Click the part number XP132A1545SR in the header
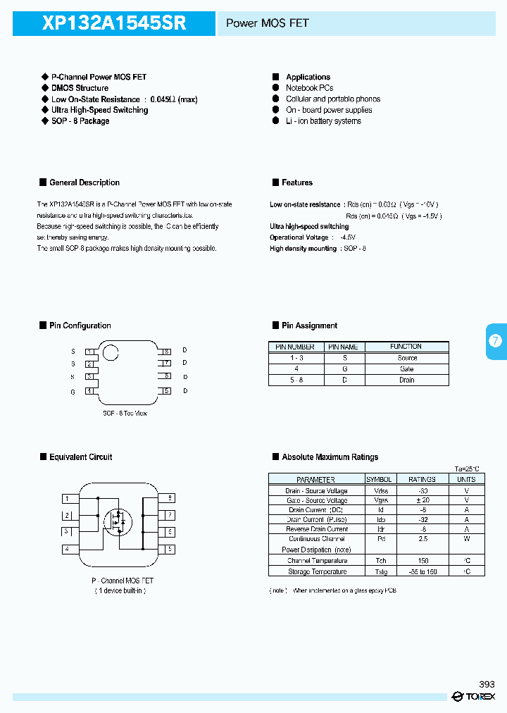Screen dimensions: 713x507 114,23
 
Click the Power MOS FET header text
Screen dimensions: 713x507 267,23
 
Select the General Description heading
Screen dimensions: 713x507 84,182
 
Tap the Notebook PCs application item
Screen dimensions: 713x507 309,88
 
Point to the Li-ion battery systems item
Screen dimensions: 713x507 323,121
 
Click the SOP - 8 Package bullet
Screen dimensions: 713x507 80,121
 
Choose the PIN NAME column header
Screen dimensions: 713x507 343,347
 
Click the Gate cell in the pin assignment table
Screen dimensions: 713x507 406,368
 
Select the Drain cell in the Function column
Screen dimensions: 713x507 406,380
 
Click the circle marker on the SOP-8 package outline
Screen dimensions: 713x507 111,352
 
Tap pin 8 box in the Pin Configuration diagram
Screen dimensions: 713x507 166,351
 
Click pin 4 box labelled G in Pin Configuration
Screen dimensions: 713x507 89,390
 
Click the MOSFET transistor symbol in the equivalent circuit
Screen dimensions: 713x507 118,521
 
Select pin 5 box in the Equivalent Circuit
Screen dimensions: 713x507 170,549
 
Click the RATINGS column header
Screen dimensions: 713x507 422,479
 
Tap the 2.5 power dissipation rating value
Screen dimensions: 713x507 422,539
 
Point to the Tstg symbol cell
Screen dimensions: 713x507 381,571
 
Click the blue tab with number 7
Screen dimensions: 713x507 496,341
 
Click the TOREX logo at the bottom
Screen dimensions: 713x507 474,697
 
